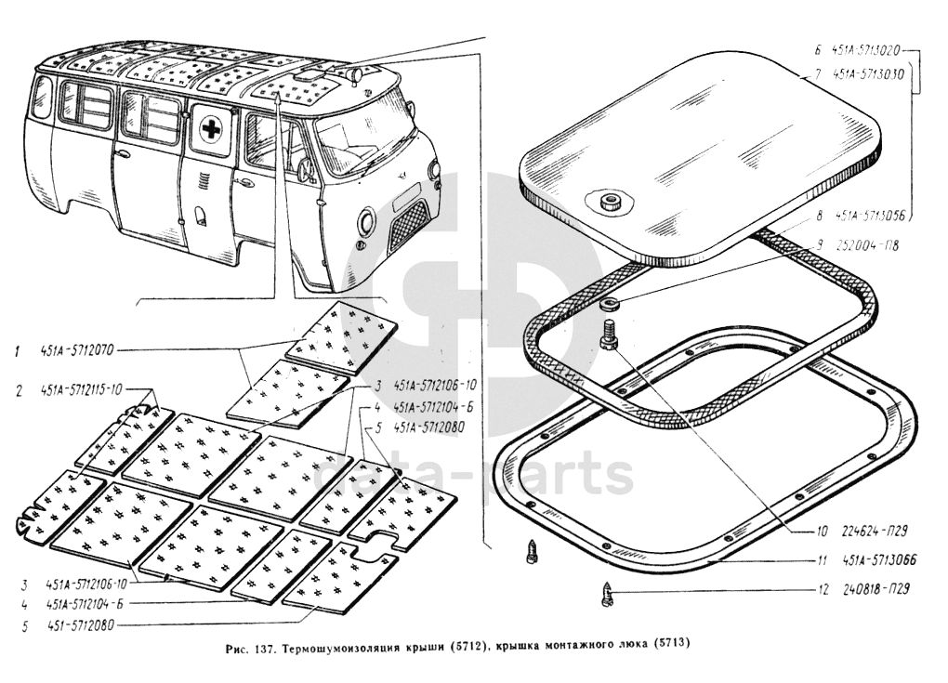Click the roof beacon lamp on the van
click(352, 72)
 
